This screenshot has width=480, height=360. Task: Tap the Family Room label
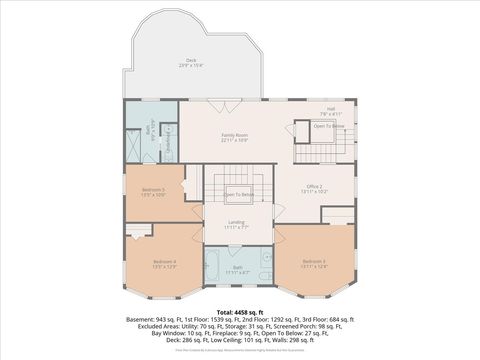point(235,137)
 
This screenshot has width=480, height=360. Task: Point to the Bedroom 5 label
point(153,190)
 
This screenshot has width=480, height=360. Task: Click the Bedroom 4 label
point(150,264)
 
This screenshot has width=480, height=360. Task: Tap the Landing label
point(237,225)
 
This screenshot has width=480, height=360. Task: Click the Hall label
point(330,111)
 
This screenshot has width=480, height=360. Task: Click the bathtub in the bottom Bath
point(217,266)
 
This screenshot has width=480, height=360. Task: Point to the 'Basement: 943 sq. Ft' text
point(154,320)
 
